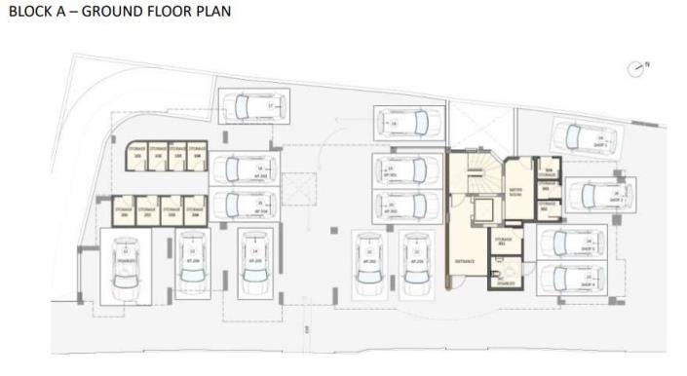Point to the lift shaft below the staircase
tap(481, 208)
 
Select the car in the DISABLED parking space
tap(126, 267)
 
